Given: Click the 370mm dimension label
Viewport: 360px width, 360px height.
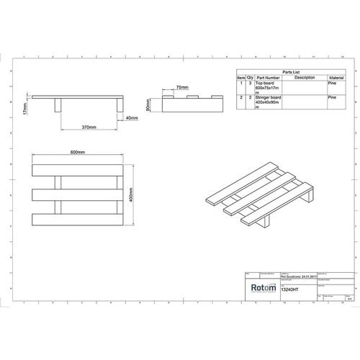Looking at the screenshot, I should click(x=89, y=127).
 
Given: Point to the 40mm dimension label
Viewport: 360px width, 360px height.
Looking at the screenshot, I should click(x=132, y=117).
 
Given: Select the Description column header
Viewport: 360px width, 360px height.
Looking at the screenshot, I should click(x=305, y=77).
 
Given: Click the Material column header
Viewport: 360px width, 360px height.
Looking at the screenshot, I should click(x=336, y=77).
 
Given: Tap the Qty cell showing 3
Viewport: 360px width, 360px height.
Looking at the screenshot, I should click(x=251, y=84).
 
